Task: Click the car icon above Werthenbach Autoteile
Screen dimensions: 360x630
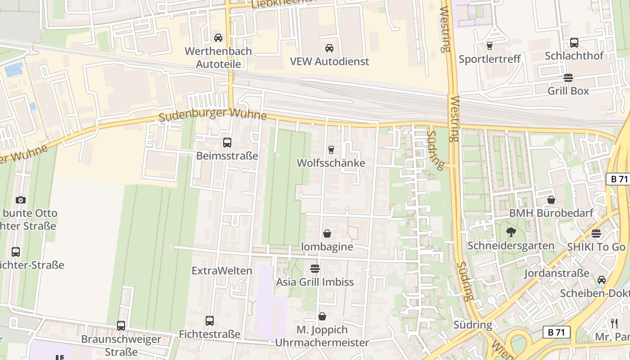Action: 218,38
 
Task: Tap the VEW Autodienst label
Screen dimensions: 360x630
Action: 329,61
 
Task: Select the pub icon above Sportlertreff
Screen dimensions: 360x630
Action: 490,45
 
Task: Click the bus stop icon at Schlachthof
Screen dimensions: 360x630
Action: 574,43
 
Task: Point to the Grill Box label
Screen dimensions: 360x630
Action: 568,90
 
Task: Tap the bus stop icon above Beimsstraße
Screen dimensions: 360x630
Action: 227,143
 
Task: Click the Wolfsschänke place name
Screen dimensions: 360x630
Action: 331,163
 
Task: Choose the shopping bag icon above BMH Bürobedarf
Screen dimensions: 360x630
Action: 551,200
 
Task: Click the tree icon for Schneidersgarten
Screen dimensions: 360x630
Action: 511,232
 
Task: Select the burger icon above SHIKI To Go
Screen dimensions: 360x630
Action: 596,234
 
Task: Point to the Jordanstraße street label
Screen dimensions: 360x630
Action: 557,273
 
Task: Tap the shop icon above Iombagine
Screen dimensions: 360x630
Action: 327,234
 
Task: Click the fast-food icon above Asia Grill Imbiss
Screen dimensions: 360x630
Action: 315,269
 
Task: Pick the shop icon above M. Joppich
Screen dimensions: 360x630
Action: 322,316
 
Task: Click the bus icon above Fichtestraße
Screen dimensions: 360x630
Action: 210,321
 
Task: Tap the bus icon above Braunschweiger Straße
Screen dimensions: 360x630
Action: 121,325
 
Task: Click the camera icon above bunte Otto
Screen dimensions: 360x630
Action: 20,200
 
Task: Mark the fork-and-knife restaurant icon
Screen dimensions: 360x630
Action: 614,323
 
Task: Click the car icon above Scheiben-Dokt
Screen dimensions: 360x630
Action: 602,280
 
